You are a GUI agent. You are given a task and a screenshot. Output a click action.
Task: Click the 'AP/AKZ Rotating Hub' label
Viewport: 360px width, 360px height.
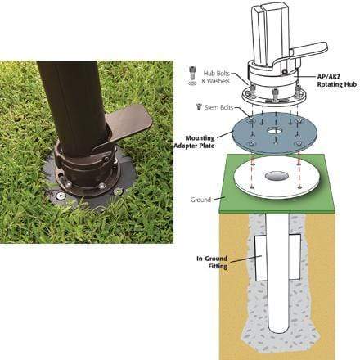[336, 80]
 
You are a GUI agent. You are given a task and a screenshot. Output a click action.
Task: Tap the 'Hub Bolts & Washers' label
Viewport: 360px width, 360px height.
[216, 77]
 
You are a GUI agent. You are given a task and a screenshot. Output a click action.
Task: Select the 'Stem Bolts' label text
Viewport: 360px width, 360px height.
[218, 107]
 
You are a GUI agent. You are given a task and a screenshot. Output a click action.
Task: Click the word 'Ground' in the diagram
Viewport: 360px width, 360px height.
[200, 200]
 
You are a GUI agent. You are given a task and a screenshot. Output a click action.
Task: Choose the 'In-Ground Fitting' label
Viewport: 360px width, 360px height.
[212, 262]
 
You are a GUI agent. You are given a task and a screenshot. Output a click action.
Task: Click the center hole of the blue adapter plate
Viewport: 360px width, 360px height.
[275, 131]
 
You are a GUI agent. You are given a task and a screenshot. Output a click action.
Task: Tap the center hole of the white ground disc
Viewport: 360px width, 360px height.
[276, 176]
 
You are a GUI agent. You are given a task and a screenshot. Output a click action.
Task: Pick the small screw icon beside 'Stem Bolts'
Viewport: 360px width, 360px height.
[199, 106]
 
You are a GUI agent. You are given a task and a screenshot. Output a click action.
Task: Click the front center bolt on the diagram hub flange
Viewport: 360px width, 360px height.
[275, 94]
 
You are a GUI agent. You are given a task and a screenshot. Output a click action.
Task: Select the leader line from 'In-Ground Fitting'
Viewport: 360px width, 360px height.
[244, 259]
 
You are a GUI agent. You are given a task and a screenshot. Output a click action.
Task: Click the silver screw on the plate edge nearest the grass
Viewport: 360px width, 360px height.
[60, 195]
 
